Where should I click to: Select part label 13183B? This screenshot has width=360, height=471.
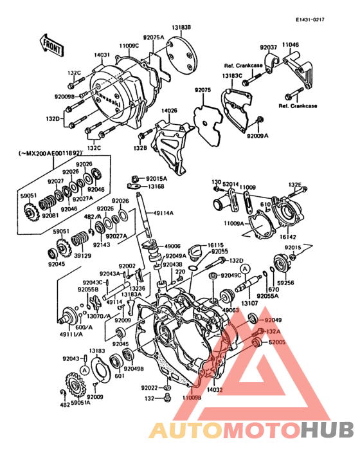[181, 28]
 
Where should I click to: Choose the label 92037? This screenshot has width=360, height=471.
[268, 47]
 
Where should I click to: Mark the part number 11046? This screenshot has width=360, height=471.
[291, 45]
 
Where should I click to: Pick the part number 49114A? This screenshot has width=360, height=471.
[163, 213]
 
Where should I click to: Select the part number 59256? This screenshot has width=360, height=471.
[287, 282]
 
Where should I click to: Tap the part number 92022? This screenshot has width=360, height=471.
[149, 388]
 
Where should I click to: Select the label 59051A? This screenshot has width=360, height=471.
[80, 403]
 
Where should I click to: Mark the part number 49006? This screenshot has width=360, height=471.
[173, 246]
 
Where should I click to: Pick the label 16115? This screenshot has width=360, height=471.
[215, 246]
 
